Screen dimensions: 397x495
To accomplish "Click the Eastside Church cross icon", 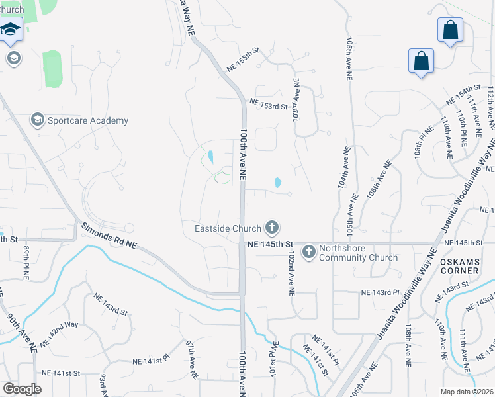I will [x=271, y=228].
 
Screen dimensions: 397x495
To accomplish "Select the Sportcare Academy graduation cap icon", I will [x=38, y=120].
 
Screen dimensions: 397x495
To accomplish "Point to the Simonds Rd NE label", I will [x=109, y=236].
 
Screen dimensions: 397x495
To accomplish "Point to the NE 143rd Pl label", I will [x=381, y=292].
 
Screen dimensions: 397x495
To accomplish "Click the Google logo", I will [x=22, y=389].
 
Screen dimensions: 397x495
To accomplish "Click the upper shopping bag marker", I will [x=450, y=30].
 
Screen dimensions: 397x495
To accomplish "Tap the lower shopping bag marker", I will [x=421, y=62].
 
